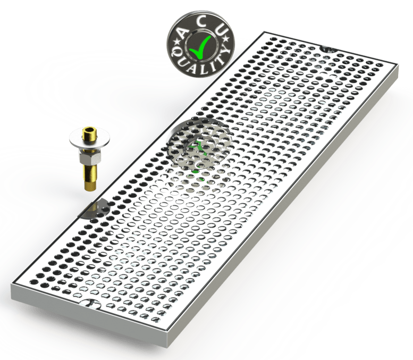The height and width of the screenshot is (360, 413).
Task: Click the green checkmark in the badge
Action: coord(200,47)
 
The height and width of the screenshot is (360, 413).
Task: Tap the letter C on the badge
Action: coord(203,22)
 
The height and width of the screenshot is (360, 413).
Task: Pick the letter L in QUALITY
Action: coord(201,69)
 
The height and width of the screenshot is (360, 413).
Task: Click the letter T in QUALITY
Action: coord(217,61)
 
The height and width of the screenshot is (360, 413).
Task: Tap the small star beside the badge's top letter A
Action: coord(176,41)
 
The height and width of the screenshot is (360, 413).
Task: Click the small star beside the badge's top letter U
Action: coord(226,39)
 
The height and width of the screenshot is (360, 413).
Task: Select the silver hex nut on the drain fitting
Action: coord(90,157)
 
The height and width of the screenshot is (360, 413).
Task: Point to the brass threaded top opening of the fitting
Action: coord(90,133)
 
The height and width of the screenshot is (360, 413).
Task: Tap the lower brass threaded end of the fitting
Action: coord(90,176)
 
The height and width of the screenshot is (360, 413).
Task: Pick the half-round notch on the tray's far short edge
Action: coord(328,49)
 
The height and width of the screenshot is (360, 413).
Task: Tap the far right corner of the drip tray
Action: coord(397,66)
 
